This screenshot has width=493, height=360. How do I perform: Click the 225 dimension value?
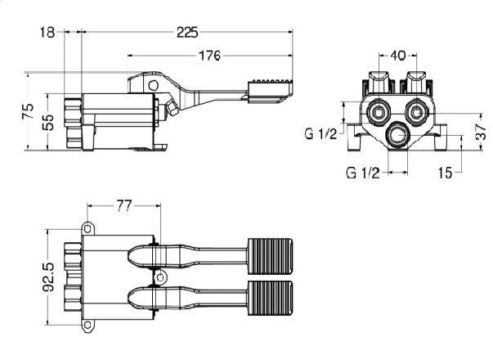pyautogui.click(x=188, y=33)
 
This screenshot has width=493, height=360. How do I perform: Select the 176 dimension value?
pyautogui.click(x=210, y=56)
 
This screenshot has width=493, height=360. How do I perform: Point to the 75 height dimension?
pyautogui.click(x=27, y=110)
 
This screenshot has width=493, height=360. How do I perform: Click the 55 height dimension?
pyautogui.click(x=48, y=123)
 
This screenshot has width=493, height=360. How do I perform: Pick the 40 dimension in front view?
pyautogui.click(x=398, y=56)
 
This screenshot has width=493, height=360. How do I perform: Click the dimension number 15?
pyautogui.click(x=445, y=173)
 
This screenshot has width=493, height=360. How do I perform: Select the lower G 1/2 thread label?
pyautogui.click(x=362, y=173)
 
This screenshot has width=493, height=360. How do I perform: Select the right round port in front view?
pyautogui.click(x=417, y=111)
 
